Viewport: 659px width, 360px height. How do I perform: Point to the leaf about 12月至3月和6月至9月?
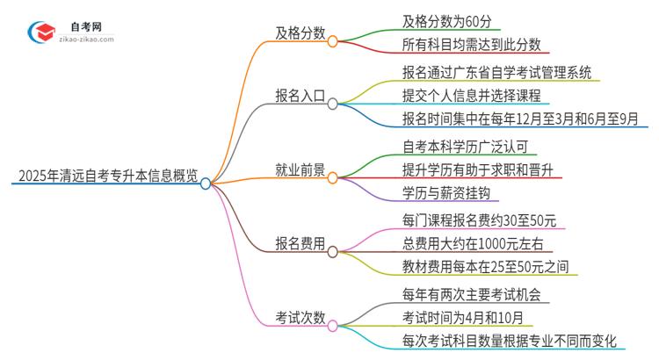508,119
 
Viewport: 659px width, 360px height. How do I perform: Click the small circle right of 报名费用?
333,252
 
